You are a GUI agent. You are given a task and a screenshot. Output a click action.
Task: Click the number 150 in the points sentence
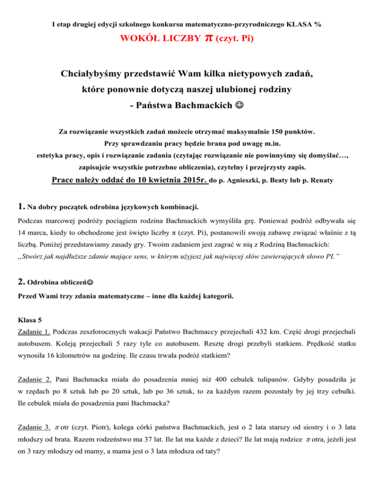[279, 131]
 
